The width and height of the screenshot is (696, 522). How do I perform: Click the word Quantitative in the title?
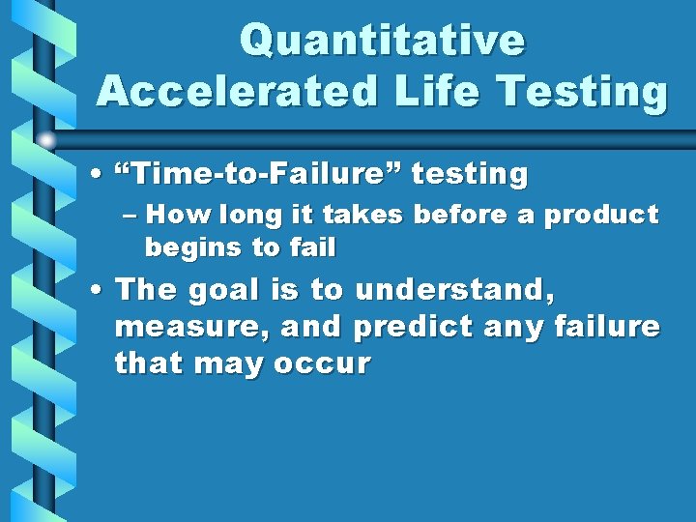click(382, 41)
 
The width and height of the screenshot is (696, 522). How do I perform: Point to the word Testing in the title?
click(585, 92)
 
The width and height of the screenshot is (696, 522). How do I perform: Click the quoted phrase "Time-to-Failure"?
click(256, 175)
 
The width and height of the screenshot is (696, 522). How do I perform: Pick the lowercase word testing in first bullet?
click(471, 175)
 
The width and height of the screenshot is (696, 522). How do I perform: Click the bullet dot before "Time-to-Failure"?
click(101, 176)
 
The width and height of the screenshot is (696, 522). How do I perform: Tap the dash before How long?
click(132, 215)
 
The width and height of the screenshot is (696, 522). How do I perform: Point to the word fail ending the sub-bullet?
click(310, 247)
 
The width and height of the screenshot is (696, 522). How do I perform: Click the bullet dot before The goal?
click(101, 290)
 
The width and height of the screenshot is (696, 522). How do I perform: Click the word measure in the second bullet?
click(190, 327)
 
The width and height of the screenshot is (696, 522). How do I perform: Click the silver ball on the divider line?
click(47, 138)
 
